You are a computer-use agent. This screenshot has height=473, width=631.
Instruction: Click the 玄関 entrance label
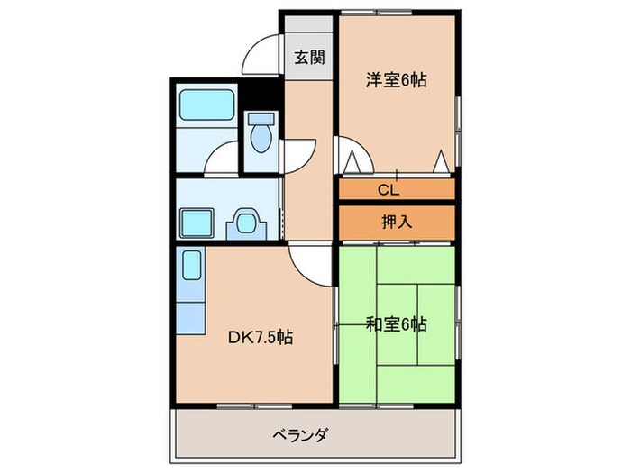[309, 59]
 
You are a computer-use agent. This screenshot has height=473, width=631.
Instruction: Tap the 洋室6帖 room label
[396, 80]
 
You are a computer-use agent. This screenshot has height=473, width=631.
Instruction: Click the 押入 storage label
[397, 221]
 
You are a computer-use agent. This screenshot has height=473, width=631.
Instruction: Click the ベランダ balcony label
[300, 436]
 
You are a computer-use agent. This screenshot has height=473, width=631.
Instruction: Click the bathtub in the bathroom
[206, 106]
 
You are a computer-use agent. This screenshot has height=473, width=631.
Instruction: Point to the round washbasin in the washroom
[246, 221]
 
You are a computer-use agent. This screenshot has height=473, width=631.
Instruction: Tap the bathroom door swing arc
[219, 159]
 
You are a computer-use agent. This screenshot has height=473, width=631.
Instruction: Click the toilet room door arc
[301, 153]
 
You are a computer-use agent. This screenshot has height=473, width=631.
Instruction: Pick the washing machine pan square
[196, 222]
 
